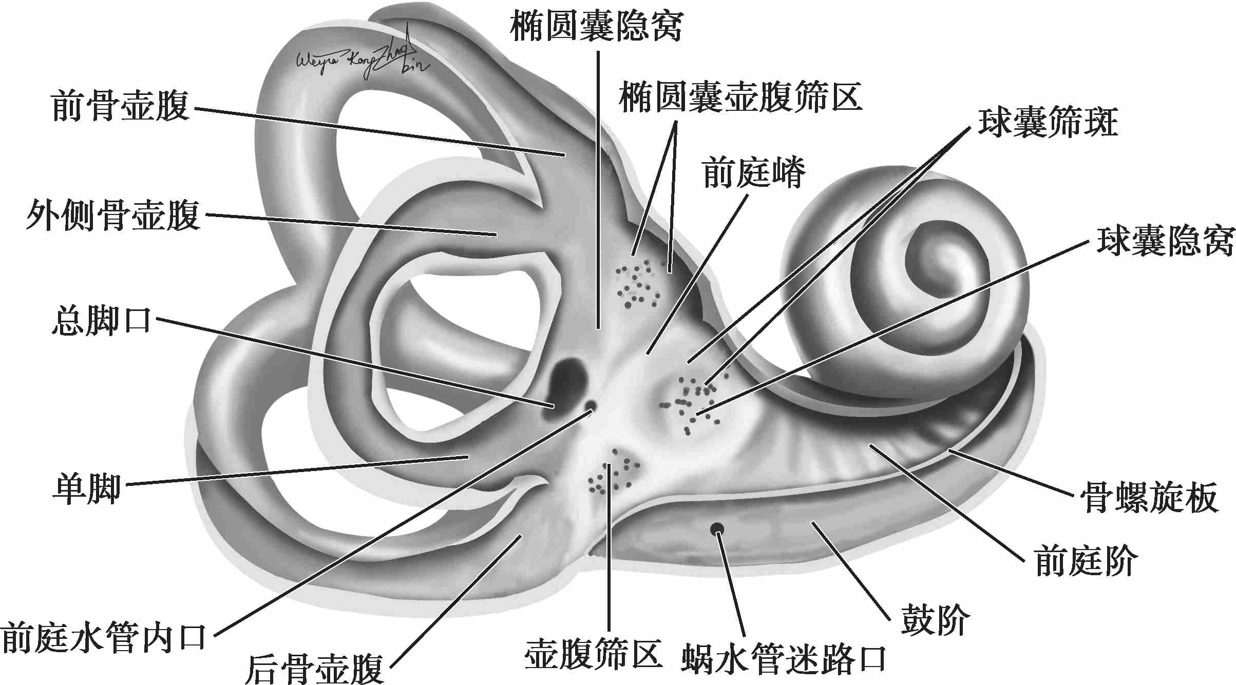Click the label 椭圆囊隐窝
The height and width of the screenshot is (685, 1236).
pos(596,27)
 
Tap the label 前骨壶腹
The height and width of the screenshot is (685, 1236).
pos(120,106)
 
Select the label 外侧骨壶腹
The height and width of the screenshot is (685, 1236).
pos(113,216)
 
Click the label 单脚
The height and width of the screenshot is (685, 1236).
pos(87,488)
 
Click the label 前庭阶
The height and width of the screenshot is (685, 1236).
pos(1086,561)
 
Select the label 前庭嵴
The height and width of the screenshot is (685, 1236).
pos(754,173)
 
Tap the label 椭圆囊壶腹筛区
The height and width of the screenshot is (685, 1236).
pos(740,97)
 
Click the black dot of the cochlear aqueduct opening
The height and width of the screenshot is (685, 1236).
pos(716,529)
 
